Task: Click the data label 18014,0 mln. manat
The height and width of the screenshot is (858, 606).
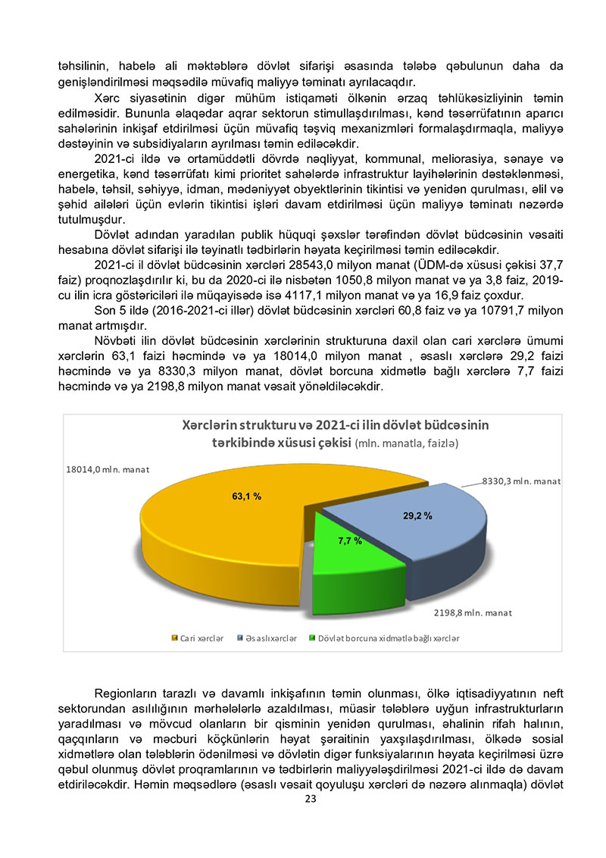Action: [106, 469]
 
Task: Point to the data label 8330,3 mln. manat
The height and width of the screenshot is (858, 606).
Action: [521, 481]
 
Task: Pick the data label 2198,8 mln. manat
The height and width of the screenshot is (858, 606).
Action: [473, 612]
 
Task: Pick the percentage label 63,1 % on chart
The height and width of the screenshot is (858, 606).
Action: [246, 496]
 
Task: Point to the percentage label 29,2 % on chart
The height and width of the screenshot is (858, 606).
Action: [417, 515]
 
